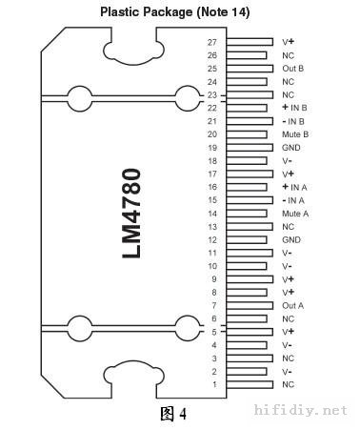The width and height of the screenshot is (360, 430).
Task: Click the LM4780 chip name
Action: [x=131, y=214]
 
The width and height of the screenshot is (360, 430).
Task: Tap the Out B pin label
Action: [x=292, y=69]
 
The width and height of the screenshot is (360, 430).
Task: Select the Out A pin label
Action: [x=292, y=306]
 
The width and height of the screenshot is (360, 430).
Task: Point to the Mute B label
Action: [x=295, y=134]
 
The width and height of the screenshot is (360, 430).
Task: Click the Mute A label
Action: [x=295, y=214]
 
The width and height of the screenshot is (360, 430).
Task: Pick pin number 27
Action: [x=212, y=42]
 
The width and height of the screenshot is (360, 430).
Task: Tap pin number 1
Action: [x=214, y=384]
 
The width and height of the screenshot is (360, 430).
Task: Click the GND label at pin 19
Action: [x=291, y=148]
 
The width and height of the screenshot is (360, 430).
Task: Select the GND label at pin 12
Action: [x=291, y=240]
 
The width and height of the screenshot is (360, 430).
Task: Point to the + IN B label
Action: [x=294, y=108]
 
